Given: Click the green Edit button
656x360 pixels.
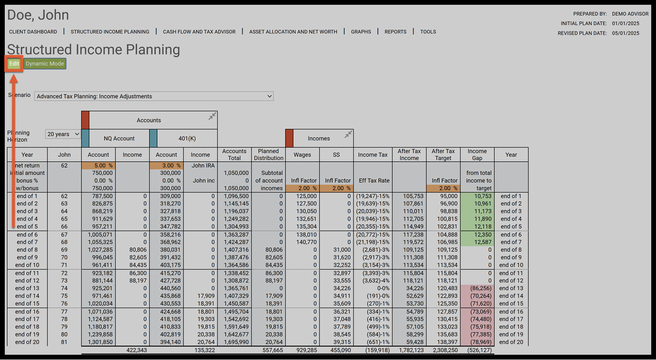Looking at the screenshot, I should [14, 64].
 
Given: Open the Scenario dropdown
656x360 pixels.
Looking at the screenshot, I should [154, 96].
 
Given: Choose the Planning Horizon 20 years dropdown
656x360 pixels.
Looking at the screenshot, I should [63, 135].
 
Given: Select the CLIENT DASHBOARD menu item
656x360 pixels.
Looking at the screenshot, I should [33, 32].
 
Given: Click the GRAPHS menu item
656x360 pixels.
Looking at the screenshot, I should [361, 32].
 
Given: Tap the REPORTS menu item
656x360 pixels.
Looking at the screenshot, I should [395, 32].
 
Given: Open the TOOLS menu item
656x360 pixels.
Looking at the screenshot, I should [428, 32].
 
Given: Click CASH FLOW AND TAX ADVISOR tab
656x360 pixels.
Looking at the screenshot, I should [199, 32].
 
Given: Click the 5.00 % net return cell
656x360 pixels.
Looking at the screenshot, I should [98, 165].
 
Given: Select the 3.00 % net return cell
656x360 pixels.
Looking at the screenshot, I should [166, 165].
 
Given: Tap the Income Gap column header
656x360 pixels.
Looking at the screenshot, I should [477, 155].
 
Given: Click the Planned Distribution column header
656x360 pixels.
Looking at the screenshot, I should [268, 155].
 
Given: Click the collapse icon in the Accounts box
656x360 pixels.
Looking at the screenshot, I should [212, 116].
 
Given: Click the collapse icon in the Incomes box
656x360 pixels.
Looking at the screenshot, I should [348, 135].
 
